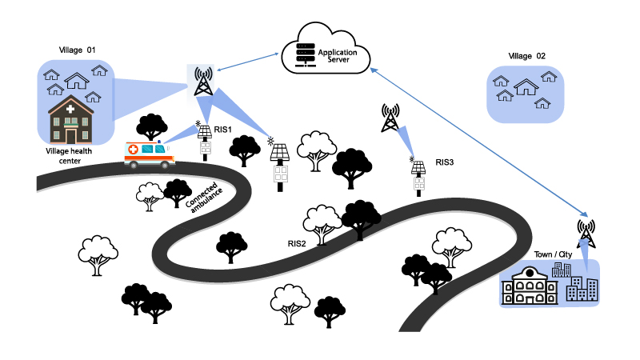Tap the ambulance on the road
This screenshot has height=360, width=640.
click(150, 153)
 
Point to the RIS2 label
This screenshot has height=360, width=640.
click(298, 242)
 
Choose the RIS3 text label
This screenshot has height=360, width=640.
click(444, 162)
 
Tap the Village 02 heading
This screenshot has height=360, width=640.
click(527, 56)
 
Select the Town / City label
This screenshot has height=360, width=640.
click(551, 254)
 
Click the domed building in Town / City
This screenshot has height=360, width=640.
click(529, 286)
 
